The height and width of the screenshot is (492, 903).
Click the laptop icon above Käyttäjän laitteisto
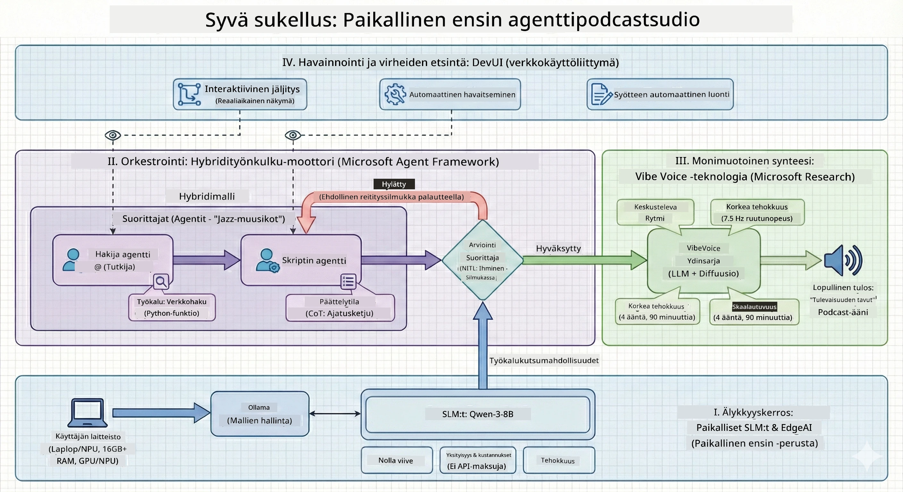click(x=88, y=413)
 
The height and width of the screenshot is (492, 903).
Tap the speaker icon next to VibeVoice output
click(x=843, y=260)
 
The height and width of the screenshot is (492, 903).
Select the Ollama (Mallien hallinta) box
click(x=260, y=414)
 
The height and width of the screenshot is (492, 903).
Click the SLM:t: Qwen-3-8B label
click(x=478, y=414)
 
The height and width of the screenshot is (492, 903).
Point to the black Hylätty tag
click(x=394, y=184)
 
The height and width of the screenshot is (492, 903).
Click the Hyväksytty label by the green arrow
click(x=558, y=248)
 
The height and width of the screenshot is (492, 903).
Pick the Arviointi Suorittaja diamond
click(x=483, y=260)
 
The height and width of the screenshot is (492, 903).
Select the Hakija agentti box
click(x=113, y=260)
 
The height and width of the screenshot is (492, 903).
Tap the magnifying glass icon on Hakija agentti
click(x=161, y=281)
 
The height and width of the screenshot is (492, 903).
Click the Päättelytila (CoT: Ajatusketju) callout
click(x=340, y=307)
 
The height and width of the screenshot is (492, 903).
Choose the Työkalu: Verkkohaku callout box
click(x=172, y=307)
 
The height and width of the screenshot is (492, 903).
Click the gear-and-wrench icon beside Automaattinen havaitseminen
click(x=395, y=94)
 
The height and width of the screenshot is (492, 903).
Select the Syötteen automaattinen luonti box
click(x=660, y=94)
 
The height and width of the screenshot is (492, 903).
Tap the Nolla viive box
click(x=396, y=460)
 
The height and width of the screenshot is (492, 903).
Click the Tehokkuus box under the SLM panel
click(x=559, y=460)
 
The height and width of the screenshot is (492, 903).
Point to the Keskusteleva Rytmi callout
click(x=655, y=212)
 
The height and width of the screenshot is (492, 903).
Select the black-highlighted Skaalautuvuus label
click(x=754, y=307)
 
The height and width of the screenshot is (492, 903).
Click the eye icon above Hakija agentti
click(x=113, y=135)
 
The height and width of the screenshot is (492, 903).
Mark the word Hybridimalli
click(x=207, y=196)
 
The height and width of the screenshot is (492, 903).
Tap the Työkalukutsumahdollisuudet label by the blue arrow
click(x=544, y=360)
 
